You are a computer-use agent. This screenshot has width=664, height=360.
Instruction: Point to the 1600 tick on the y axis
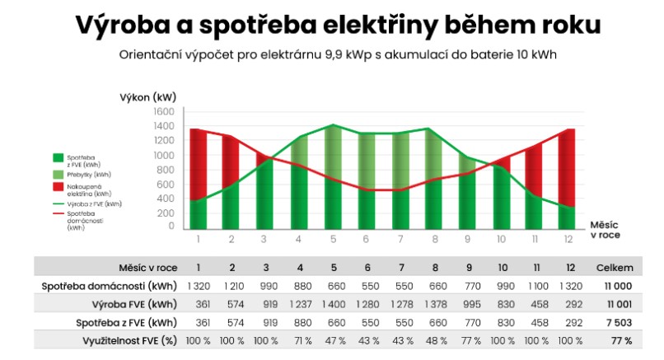[x=163, y=111]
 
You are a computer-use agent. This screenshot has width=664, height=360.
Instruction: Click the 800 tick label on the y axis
[x=166, y=169]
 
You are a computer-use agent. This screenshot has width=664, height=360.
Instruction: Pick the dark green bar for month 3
[x=265, y=194]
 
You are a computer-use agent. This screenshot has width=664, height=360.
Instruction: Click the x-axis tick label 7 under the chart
[x=400, y=239]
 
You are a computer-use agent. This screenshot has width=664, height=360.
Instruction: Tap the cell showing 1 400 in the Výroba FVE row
[x=334, y=303]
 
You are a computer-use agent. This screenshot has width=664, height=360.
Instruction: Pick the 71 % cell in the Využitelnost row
[x=300, y=339]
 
